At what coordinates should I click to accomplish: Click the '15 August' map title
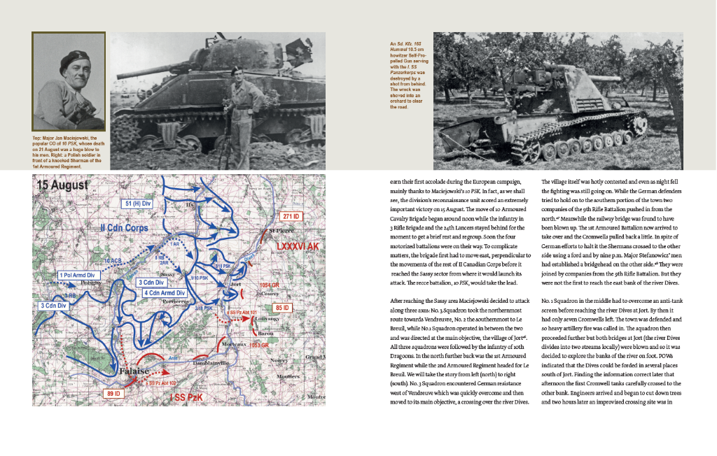click(64, 186)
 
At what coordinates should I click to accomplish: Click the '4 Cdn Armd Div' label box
click(165, 292)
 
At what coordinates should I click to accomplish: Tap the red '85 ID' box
click(284, 307)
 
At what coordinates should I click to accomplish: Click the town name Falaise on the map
click(133, 371)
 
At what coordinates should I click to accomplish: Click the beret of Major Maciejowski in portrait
click(71, 57)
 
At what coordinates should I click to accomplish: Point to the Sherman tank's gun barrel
click(147, 66)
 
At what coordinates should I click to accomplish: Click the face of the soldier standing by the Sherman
click(237, 73)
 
